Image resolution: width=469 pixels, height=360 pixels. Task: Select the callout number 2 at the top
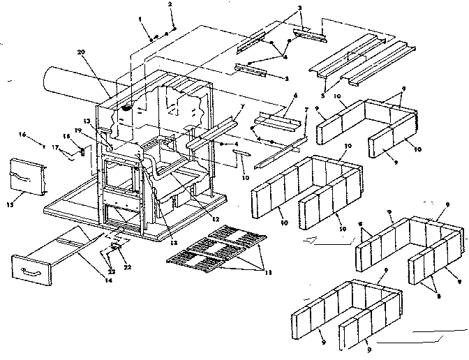[169, 6]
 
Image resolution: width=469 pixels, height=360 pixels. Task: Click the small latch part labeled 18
[82, 150]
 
